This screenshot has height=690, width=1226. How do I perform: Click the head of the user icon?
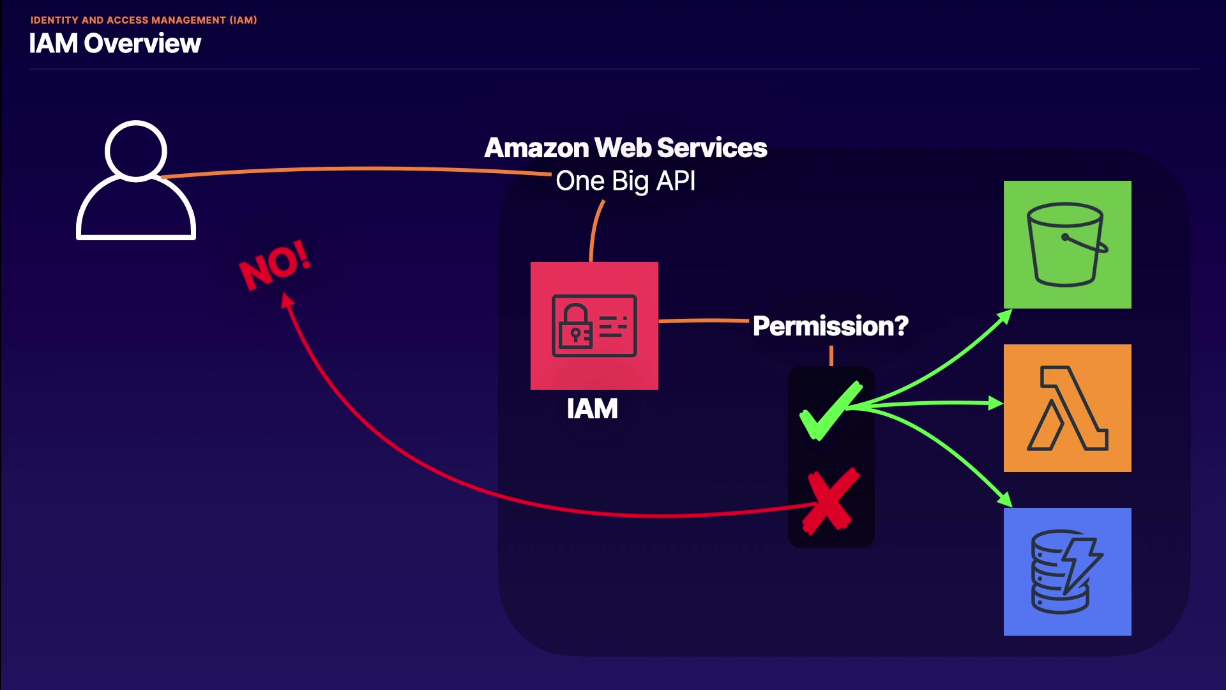pos(136,151)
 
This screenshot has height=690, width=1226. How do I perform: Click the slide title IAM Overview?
pos(115,43)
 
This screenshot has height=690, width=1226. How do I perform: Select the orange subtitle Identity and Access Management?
pos(144,20)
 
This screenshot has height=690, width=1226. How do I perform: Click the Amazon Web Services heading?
pos(625,148)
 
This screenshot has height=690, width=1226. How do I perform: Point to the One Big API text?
pos(625,181)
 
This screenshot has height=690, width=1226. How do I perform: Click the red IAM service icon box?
pos(594,325)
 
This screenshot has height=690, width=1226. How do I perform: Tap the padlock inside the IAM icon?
pos(575,326)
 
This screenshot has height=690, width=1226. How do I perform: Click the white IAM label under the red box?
pos(592,409)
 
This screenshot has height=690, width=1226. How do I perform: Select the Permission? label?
pos(830,326)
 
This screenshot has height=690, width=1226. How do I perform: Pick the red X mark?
pos(831,501)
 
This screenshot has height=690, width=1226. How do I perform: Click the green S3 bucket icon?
pos(1067,245)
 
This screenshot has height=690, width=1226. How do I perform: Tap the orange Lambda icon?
pos(1067,408)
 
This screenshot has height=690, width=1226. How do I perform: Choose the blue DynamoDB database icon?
pos(1067,571)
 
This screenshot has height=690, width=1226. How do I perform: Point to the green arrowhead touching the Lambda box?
pos(995,403)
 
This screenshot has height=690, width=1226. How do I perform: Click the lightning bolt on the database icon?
pos(1082,563)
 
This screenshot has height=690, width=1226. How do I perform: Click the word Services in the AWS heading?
pos(711,148)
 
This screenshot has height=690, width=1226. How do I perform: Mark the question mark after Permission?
pos(901,326)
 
